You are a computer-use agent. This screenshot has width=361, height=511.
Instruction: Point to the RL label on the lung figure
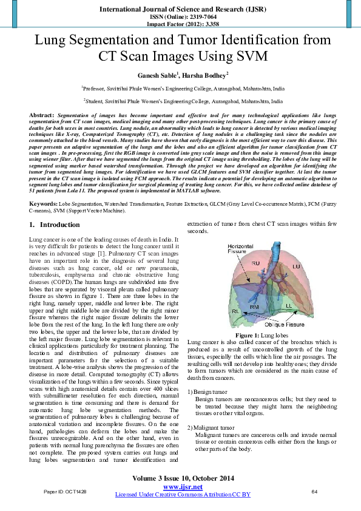[235, 311]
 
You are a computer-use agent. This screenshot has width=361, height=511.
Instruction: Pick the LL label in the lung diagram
[289, 305]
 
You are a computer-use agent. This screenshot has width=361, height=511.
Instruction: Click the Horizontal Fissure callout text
[241, 248]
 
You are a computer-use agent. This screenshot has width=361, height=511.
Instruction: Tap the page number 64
[314, 490]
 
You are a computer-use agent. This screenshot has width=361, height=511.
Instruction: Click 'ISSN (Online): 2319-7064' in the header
[180, 17]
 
